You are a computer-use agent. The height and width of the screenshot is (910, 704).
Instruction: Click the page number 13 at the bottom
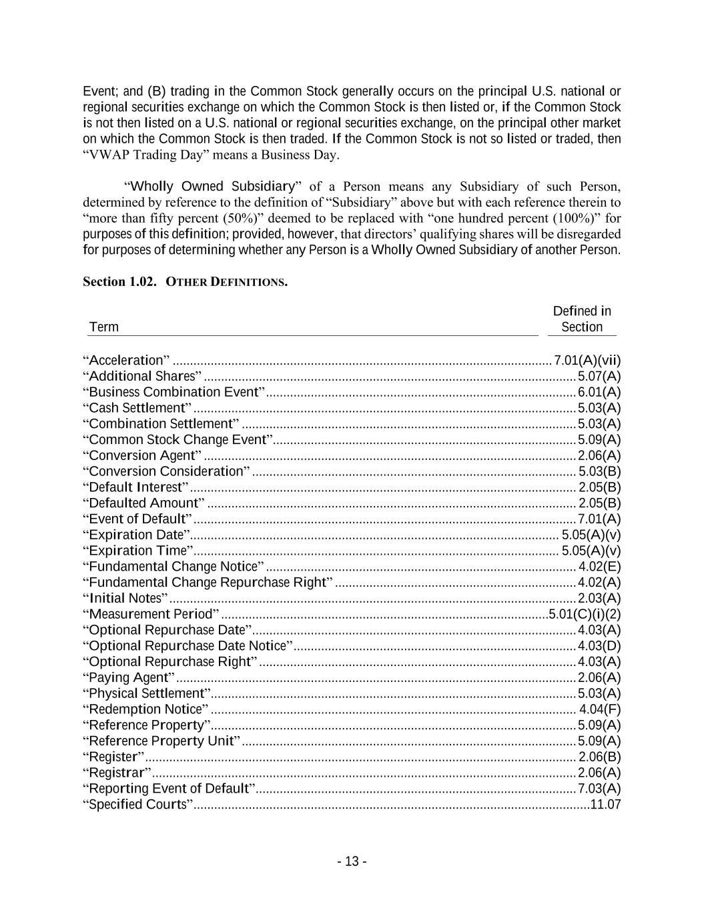pos(352,861)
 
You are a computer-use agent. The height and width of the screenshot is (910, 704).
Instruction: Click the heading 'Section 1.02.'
pos(119,282)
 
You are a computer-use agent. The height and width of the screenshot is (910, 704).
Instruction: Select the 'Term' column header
pos(103,327)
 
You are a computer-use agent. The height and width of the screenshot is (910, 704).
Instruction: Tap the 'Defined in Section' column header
pos(582,319)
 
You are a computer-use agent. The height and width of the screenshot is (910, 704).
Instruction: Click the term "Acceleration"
pos(126,361)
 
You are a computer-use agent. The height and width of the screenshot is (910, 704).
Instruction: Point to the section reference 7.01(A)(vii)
pos(587,361)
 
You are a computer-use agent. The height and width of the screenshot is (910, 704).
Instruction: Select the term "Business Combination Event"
pos(174,392)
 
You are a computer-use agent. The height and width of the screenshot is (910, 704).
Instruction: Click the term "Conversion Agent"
pos(142,455)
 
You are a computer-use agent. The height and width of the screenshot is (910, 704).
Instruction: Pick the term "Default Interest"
pos(135,487)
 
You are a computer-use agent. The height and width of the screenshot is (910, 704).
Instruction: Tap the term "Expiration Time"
pos(138,551)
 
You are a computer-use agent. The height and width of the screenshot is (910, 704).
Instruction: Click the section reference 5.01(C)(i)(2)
pos(585,614)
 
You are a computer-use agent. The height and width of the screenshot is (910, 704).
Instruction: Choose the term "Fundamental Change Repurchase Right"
pos(208,583)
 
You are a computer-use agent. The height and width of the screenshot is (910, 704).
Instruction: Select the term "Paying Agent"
pos(129,677)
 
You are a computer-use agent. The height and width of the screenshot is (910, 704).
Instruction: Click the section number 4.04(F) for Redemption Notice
pos(600,709)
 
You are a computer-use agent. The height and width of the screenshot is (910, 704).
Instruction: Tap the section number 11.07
pos(605,805)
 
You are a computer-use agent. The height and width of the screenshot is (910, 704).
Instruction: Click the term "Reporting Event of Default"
pos(169,789)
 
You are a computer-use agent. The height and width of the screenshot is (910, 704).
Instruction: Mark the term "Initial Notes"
pos(125,598)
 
